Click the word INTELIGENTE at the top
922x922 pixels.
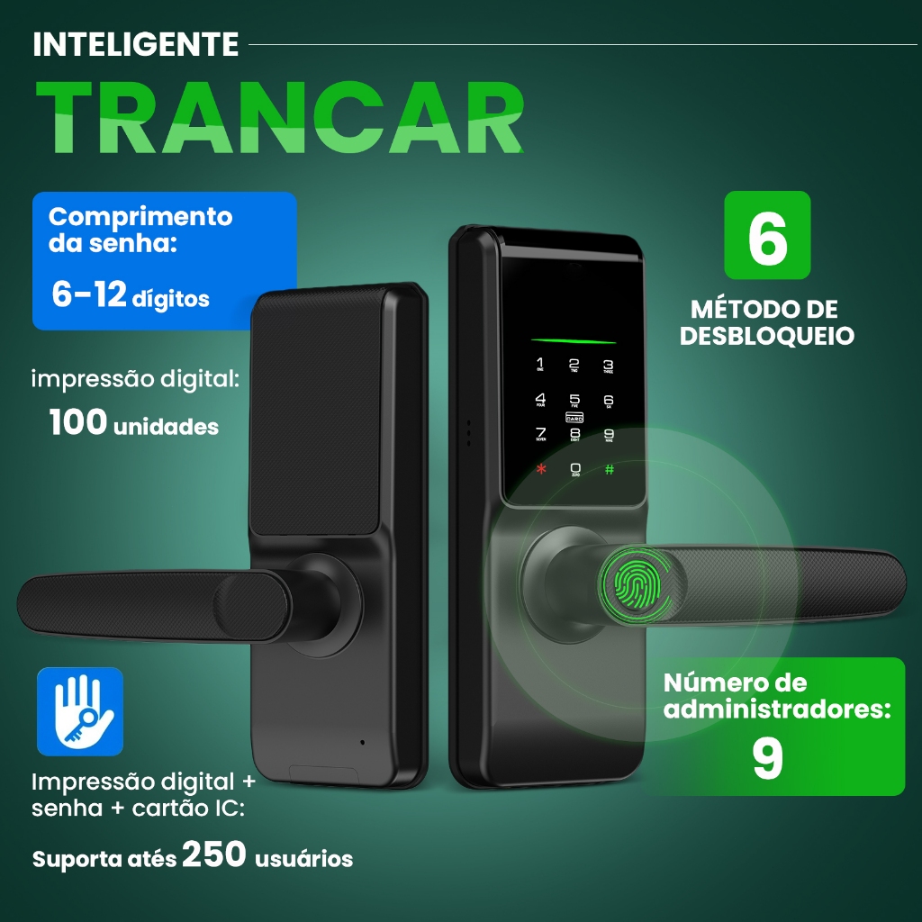[x=136, y=44]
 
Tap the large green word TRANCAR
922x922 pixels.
[x=278, y=118]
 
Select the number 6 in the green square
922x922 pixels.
[x=767, y=236]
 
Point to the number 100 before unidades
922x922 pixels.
[x=78, y=422]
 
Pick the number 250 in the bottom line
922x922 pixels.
[x=214, y=854]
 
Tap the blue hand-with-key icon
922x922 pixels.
[x=79, y=711]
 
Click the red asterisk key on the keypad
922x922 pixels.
[x=541, y=469]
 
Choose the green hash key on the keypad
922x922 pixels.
[x=610, y=469]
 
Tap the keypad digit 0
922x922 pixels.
[x=575, y=468]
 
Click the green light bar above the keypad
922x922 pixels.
[x=573, y=341]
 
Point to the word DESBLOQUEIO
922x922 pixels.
[x=767, y=336]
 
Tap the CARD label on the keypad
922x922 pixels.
[x=574, y=418]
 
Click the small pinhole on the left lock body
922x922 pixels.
[x=362, y=743]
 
